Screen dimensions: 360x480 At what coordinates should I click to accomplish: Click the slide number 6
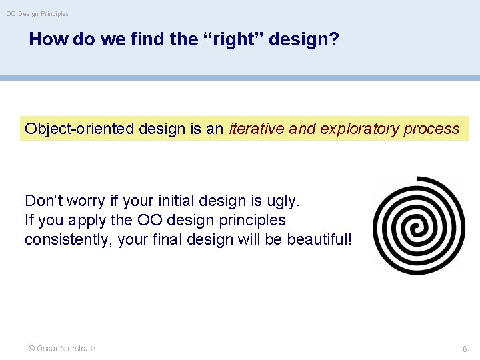point(465,349)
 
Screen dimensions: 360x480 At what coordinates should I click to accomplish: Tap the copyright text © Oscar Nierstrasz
point(61,349)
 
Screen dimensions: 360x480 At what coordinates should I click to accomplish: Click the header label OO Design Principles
point(37,13)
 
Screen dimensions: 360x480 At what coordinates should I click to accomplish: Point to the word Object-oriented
point(79,129)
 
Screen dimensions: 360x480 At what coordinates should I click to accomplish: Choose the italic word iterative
point(257,129)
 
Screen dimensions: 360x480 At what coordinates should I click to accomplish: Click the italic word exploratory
point(359,129)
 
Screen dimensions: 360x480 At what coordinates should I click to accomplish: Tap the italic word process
point(431,129)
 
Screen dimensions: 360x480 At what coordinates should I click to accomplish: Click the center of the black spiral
point(419,225)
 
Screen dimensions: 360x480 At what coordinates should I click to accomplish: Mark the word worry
point(87,201)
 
